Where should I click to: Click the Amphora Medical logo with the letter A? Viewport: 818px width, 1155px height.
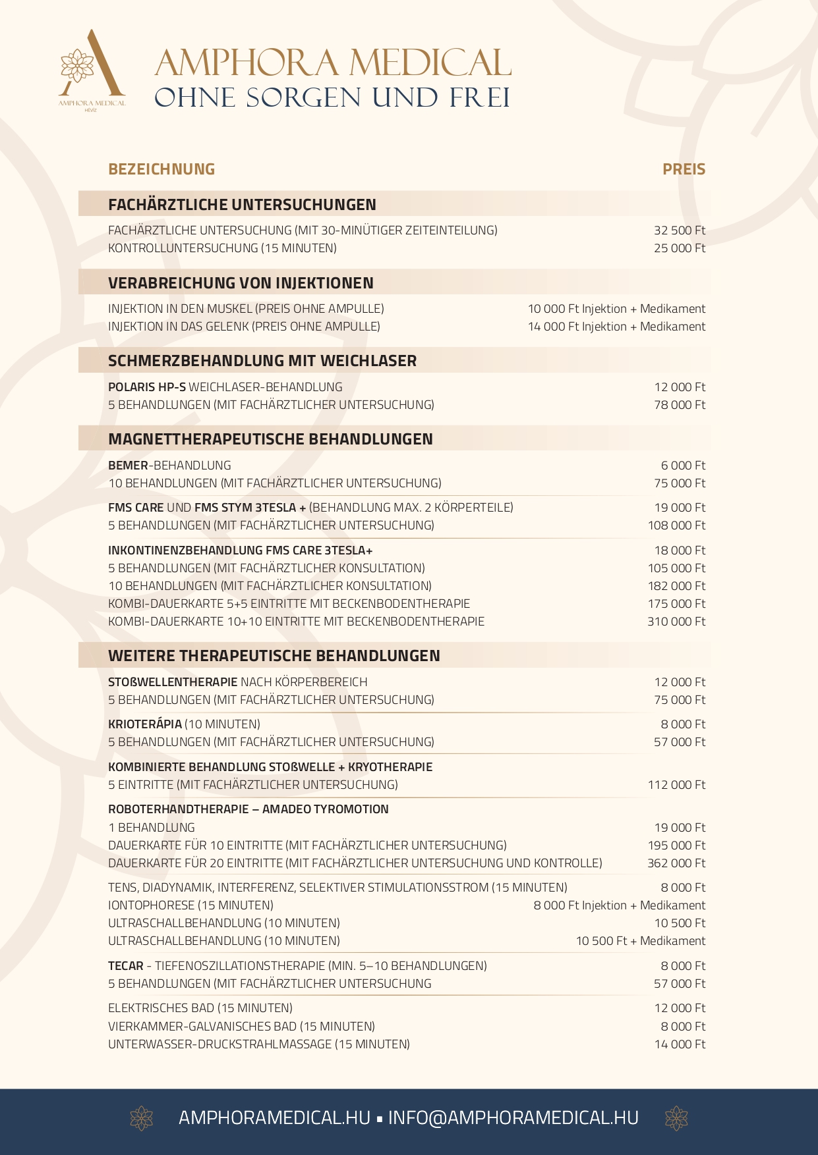92,66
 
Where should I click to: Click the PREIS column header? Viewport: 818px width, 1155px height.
684,169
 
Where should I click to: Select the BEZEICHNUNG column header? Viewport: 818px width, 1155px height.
161,169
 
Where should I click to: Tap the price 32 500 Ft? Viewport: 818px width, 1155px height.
680,230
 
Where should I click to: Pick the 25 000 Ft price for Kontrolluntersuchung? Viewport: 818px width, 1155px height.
680,248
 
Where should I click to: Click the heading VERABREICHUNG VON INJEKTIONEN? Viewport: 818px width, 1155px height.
241,283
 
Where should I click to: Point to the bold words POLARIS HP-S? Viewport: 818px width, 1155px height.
147,387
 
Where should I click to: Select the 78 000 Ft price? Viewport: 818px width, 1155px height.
680,405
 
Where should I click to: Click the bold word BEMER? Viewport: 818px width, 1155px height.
128,466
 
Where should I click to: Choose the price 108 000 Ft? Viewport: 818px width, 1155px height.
676,525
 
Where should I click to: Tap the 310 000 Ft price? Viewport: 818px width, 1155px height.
676,622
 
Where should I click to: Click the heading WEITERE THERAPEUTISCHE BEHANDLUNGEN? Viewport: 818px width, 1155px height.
274,656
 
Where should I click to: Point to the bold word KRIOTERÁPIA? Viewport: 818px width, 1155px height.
145,724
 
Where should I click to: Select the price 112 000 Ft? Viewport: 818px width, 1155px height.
676,785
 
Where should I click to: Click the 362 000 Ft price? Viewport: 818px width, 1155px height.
676,863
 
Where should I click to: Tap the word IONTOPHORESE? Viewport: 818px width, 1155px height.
152,905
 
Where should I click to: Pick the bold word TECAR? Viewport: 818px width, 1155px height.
126,966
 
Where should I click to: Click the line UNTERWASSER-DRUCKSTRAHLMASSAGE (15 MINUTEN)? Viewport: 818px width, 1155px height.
259,1044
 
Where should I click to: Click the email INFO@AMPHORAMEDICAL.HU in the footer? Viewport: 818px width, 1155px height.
513,1118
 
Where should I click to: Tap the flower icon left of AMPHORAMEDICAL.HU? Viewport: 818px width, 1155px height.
142,1118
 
